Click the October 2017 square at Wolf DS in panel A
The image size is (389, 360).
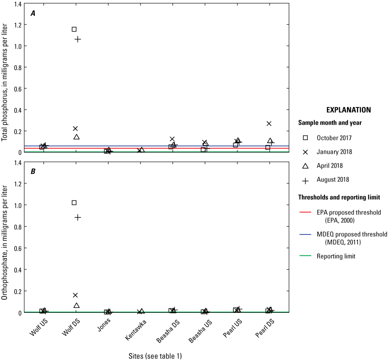[74, 30]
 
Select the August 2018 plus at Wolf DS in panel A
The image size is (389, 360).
[78, 39]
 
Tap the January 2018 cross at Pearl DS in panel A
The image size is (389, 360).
[269, 124]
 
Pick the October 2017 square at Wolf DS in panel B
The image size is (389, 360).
[74, 203]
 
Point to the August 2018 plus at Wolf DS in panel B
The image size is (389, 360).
[78, 217]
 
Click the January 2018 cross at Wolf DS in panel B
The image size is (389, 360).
[76, 295]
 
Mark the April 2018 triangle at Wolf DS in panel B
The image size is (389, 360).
[76, 305]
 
